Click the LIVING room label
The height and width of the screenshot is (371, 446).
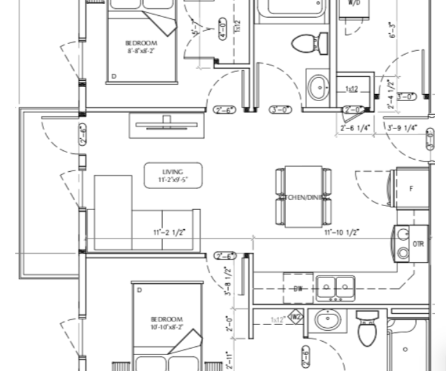[x=173, y=176]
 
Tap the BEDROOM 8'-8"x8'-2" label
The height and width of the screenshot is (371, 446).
[x=141, y=47]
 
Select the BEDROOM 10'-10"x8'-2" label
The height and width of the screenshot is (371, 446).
[x=166, y=323]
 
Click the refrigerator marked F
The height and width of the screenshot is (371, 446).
[x=411, y=188]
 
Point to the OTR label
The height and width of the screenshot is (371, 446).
[x=418, y=244]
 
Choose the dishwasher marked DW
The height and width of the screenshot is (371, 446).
[x=298, y=288]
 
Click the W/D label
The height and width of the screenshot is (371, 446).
[x=354, y=3]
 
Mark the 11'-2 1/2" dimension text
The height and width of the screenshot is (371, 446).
[x=169, y=233]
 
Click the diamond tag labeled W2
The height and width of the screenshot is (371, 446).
[x=296, y=316]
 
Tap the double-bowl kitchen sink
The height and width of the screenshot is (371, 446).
[x=336, y=286]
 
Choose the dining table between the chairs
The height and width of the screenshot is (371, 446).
[x=303, y=196]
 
